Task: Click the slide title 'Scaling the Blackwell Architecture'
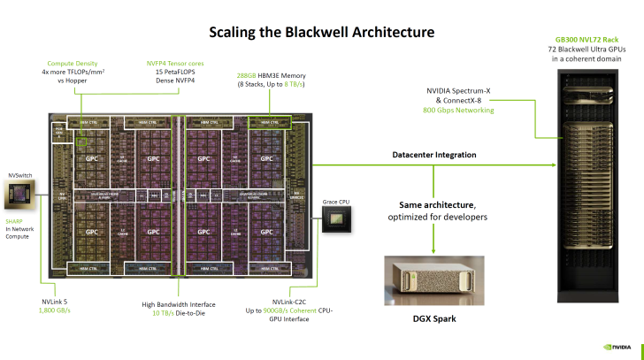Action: click(x=321, y=33)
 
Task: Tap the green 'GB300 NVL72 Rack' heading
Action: click(x=586, y=40)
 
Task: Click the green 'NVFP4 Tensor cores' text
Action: click(x=174, y=63)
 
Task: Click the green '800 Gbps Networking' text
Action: click(x=458, y=110)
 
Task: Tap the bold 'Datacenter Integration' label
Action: click(x=433, y=155)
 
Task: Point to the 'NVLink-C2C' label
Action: click(x=291, y=303)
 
